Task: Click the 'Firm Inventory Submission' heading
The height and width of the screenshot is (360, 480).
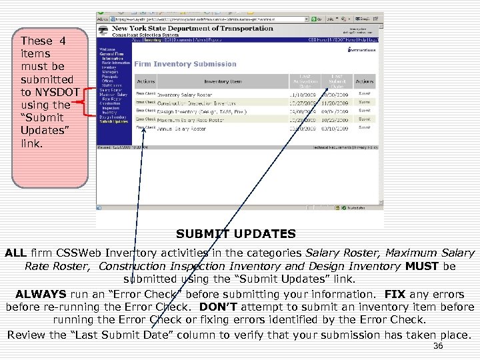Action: (185, 64)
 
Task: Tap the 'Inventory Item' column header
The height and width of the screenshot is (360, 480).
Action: (223, 81)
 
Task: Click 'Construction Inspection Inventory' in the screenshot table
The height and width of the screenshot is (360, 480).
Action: (197, 104)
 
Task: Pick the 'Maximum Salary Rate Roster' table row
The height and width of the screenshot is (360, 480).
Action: (191, 121)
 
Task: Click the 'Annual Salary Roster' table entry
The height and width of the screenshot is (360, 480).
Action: (181, 129)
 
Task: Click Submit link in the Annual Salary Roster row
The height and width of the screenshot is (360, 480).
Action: (365, 127)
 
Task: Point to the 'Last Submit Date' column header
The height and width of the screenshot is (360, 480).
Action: (337, 81)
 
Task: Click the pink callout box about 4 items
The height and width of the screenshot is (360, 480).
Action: (50, 107)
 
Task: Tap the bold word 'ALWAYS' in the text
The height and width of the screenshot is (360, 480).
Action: (41, 294)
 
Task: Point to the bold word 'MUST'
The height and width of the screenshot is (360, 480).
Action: (422, 267)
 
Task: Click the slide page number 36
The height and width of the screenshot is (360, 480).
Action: (438, 347)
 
